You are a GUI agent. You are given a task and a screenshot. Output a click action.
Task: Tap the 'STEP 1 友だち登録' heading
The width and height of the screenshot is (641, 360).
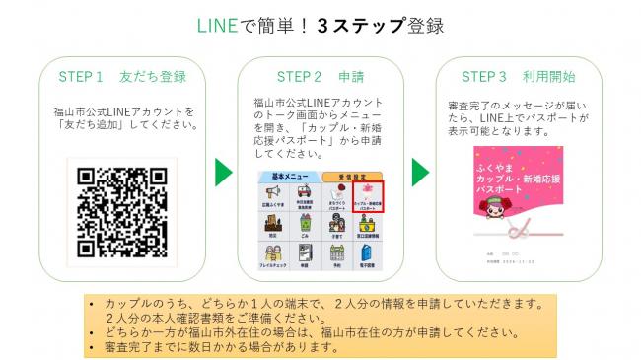click(x=122, y=76)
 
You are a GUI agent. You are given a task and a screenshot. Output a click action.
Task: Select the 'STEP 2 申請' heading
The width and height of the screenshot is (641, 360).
click(x=320, y=76)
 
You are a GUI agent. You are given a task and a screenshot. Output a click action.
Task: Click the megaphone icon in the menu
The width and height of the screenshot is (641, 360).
click(x=273, y=194)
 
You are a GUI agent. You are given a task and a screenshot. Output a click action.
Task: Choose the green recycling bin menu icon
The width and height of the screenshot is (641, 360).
click(x=306, y=226)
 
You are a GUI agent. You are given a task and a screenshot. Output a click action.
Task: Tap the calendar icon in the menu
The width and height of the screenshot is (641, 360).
click(x=337, y=255)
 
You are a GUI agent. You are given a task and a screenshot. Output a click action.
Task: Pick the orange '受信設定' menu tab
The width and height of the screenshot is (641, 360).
click(x=353, y=177)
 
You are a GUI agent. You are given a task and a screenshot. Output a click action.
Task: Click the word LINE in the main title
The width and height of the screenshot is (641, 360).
click(x=217, y=25)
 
